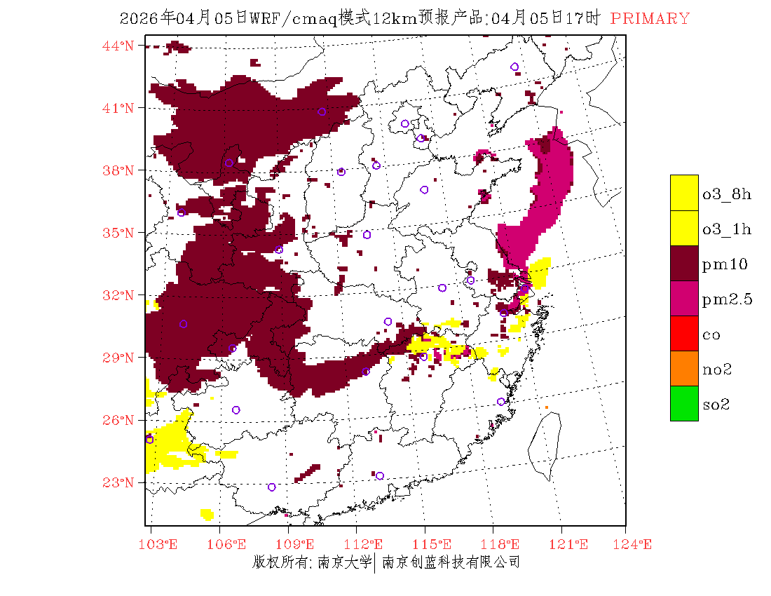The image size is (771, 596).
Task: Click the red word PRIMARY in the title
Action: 650,19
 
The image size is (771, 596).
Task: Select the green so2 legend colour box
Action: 684,403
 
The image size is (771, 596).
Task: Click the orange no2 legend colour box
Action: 684,368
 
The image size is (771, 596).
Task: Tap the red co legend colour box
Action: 684,333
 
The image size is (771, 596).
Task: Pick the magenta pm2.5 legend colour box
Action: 684,298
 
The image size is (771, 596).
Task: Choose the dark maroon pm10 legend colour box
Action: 684,263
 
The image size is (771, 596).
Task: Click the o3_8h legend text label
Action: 727,194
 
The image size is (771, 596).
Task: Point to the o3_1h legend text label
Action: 727,229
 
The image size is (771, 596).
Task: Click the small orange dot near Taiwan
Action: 547,407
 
